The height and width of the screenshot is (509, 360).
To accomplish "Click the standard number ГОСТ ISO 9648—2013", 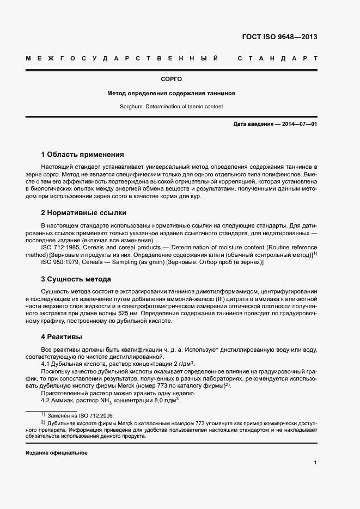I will [279, 37].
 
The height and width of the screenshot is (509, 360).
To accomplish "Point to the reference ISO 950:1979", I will [61, 262].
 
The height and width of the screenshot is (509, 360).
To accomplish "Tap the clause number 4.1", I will [46, 363].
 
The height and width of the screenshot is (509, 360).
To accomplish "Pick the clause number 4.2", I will [46, 401].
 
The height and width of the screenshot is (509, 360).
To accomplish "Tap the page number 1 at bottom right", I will [315, 463].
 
